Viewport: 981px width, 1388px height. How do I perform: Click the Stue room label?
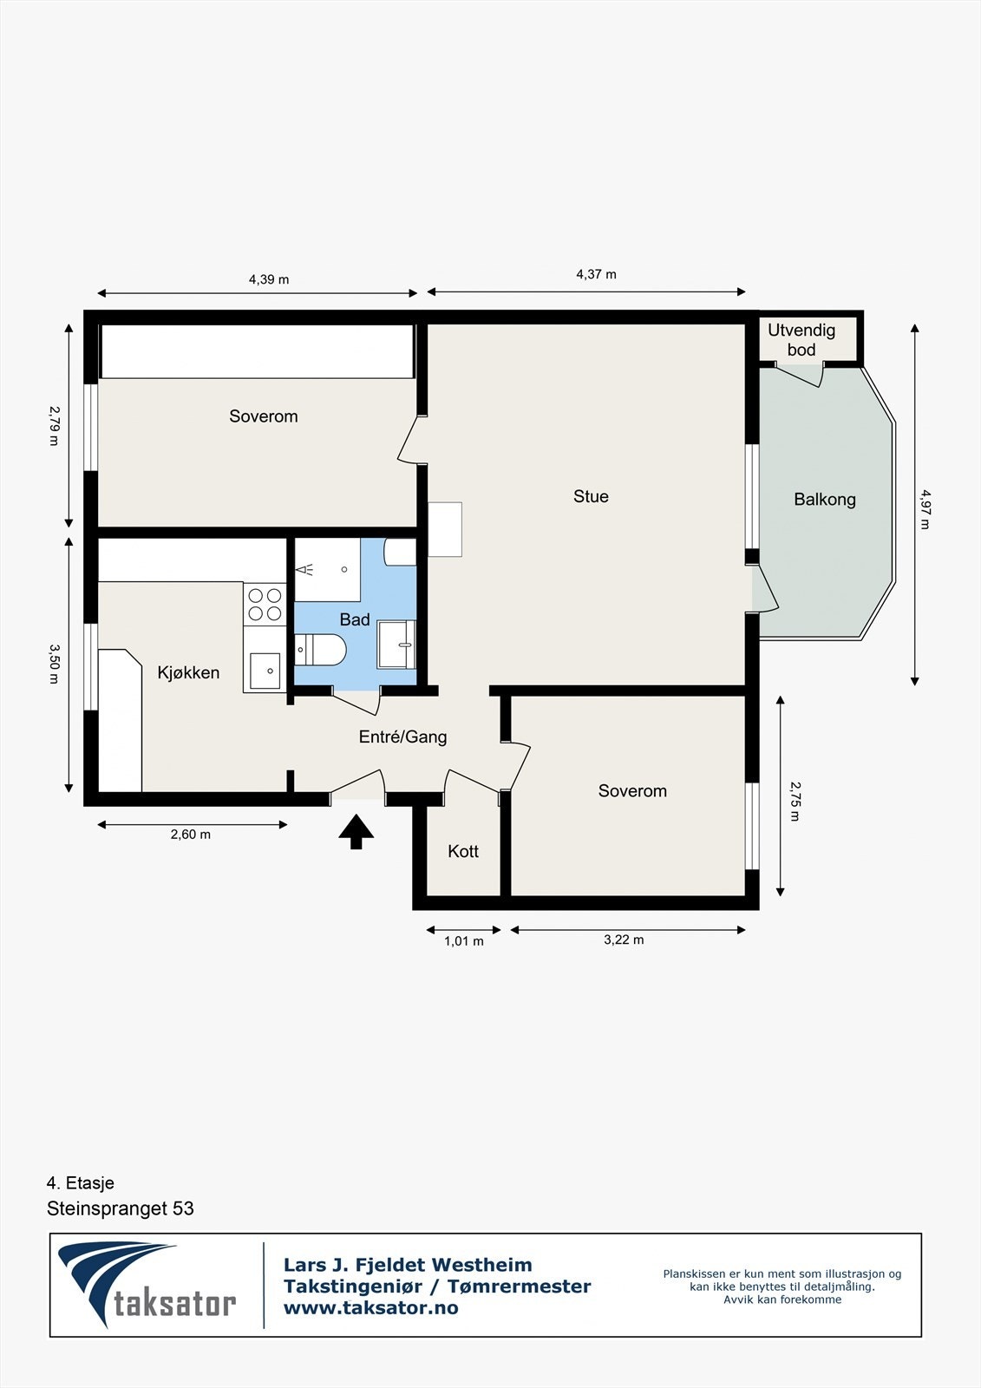click(x=591, y=496)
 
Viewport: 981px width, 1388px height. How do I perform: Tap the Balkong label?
click(x=824, y=500)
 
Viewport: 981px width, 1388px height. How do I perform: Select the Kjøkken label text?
click(x=188, y=672)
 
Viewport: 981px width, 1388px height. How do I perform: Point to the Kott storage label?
click(x=463, y=851)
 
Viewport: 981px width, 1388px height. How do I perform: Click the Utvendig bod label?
click(x=801, y=340)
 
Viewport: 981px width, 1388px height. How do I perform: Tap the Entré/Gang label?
click(x=402, y=737)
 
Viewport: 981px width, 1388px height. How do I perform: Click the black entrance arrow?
click(x=356, y=832)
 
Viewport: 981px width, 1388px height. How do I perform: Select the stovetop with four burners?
click(x=265, y=604)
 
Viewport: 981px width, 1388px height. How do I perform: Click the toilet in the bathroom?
click(x=320, y=650)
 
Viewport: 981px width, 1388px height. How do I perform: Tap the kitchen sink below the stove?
click(x=265, y=671)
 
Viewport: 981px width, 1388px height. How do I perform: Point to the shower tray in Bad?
click(x=327, y=569)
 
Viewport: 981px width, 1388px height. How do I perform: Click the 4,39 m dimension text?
click(x=269, y=279)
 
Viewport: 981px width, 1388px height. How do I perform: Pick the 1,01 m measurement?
click(x=463, y=941)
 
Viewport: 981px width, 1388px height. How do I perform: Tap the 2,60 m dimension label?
click(x=190, y=835)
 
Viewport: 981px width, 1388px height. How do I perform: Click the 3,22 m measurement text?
click(x=624, y=940)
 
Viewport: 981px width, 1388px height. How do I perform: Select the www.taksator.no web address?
click(x=370, y=1309)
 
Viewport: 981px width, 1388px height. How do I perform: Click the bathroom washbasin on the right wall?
click(x=396, y=645)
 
